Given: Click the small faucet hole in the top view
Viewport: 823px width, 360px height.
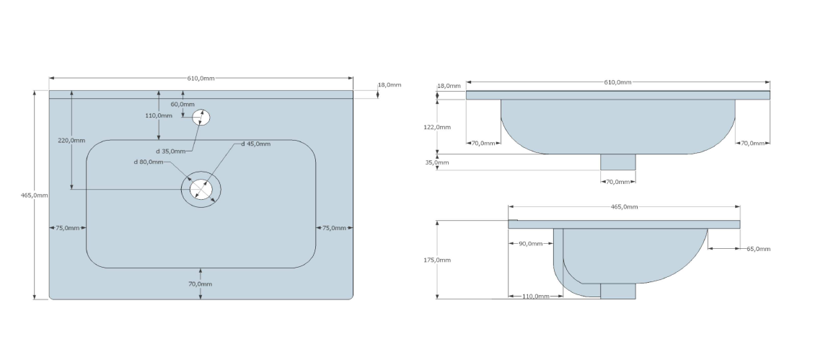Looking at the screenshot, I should [x=201, y=117].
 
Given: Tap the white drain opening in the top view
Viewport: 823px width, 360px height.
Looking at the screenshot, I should [x=201, y=190].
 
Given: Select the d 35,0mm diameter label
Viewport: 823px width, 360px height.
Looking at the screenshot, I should [x=171, y=151].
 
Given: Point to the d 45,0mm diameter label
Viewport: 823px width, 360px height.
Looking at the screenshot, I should [x=255, y=144].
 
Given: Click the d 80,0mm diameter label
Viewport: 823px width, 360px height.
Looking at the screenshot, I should [x=148, y=162].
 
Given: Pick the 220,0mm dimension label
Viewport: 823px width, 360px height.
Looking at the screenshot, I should [x=71, y=140].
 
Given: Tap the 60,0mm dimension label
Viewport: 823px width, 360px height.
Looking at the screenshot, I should [x=182, y=104].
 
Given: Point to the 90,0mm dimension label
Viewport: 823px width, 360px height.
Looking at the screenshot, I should [x=530, y=243].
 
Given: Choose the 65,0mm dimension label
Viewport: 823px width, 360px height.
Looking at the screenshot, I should [x=758, y=249].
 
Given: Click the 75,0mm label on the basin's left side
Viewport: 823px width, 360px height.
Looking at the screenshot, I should [x=67, y=228].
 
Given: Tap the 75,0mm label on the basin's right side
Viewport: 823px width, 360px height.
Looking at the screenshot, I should [x=333, y=228].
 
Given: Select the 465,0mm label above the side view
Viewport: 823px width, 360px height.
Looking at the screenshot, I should [x=624, y=206].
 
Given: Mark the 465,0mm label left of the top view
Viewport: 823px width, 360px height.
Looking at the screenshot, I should [x=35, y=196].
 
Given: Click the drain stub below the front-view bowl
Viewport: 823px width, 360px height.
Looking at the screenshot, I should [x=618, y=162].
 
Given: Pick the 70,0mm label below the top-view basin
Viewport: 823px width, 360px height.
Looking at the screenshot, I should [x=201, y=284].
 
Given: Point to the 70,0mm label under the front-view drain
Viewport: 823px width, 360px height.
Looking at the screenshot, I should [x=618, y=181].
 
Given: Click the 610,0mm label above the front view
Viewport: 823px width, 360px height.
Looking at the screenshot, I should [x=617, y=82].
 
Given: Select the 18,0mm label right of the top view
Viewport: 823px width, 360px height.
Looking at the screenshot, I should [x=390, y=84].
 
